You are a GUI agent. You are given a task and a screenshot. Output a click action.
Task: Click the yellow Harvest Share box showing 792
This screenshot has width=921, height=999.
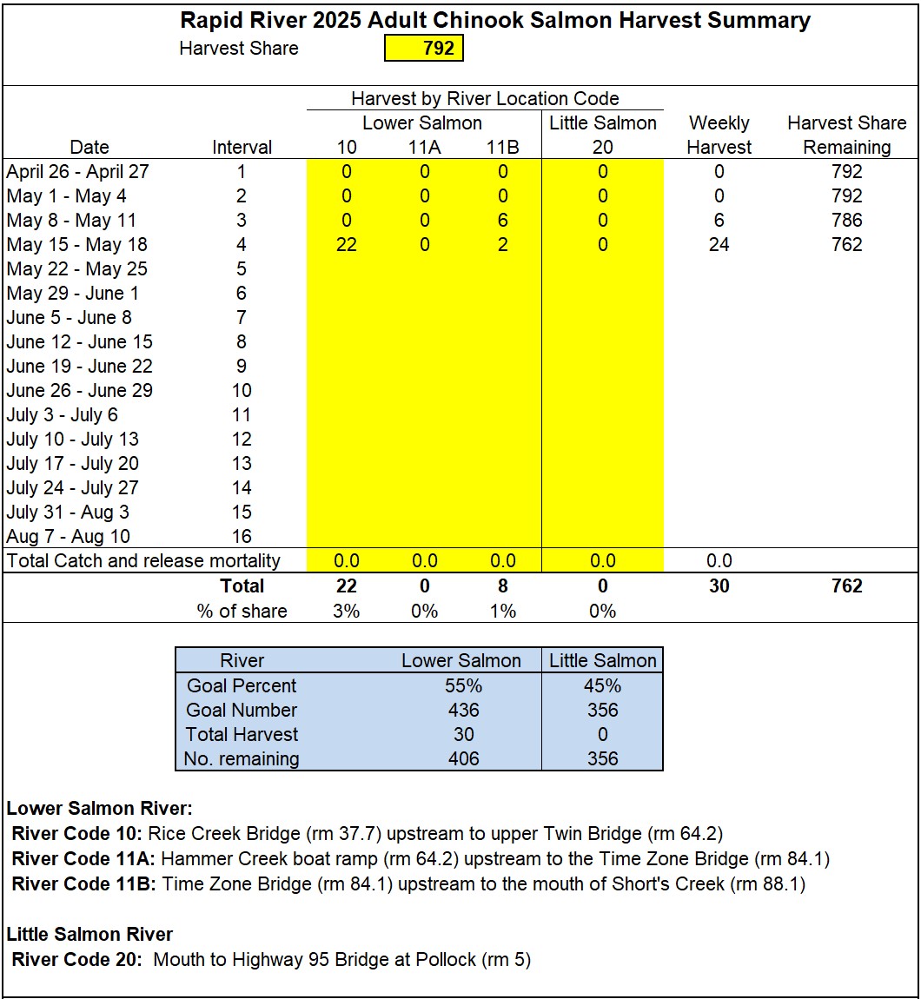click(x=424, y=48)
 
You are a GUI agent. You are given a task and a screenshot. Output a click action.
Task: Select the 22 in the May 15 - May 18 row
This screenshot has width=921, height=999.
click(x=346, y=245)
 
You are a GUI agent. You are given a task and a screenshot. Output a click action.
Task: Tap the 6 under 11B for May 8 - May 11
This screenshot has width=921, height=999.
click(x=502, y=221)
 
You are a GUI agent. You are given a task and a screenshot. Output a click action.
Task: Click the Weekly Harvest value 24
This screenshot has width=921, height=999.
click(x=719, y=245)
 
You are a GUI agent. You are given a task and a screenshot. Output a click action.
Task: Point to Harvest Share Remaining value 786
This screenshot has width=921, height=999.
click(x=846, y=221)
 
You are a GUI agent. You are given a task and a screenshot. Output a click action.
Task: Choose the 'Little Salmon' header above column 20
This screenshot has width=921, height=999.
click(x=602, y=123)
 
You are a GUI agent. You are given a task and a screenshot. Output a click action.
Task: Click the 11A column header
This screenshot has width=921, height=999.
click(x=424, y=148)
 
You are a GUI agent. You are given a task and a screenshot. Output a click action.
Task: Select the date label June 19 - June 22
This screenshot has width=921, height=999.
click(x=79, y=367)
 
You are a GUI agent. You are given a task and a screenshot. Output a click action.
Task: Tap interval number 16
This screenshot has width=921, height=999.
click(x=242, y=537)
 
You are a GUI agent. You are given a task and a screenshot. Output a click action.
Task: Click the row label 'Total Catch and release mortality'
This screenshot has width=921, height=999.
click(x=143, y=561)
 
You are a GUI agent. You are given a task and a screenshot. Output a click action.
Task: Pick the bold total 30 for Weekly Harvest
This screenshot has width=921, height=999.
click(x=719, y=586)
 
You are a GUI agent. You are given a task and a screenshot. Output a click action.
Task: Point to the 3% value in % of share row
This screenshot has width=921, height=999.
click(x=346, y=611)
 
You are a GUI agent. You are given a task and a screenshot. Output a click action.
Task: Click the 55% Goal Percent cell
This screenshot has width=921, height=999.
click(x=463, y=685)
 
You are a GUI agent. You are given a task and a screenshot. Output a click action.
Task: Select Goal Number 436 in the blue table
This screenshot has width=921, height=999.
click(x=463, y=710)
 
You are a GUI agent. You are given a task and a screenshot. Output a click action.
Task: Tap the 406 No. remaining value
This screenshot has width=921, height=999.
click(x=463, y=758)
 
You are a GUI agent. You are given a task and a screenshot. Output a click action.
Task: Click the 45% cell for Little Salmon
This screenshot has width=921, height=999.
click(x=602, y=685)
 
